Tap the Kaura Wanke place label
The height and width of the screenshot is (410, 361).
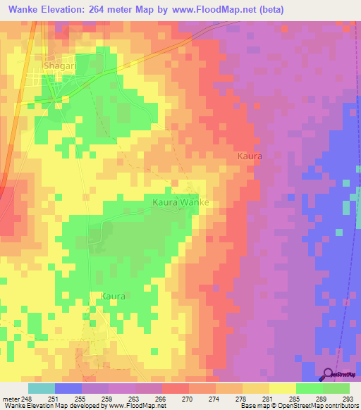[181, 202]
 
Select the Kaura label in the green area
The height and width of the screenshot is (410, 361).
[113, 297]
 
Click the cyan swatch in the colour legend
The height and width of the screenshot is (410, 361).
[41, 388]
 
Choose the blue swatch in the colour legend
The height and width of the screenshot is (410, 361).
[68, 388]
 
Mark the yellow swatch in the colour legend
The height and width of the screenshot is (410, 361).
[283, 388]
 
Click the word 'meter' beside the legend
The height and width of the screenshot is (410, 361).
[10, 398]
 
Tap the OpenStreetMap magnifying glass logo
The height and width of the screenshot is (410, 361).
[329, 375]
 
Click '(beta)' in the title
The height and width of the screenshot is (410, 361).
[334, 10]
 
